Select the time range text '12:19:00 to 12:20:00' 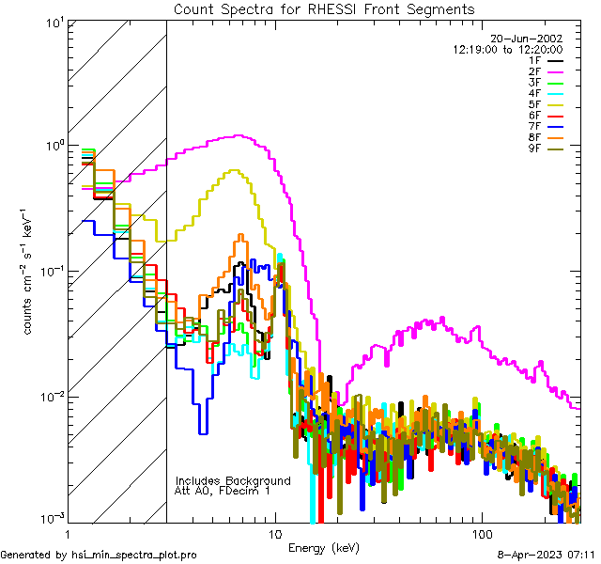508,49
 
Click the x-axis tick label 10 274,533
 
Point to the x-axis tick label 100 481,533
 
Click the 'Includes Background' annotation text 233,480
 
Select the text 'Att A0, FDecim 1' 223,491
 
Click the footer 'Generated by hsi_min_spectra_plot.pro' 99,556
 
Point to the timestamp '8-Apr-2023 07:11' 544,556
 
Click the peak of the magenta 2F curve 239,136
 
